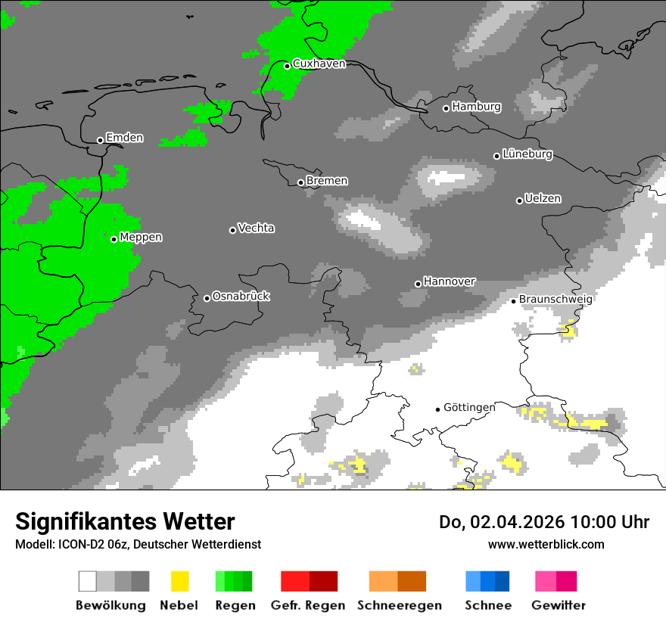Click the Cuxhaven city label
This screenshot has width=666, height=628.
[319, 64]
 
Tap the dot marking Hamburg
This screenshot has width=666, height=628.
[446, 108]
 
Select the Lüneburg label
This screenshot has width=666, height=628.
[528, 154]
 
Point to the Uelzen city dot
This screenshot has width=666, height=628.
[519, 201]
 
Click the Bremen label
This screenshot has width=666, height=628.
[327, 181]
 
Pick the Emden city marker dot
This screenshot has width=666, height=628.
[100, 140]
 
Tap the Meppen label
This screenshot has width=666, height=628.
[141, 238]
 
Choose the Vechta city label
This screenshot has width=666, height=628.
[256, 228]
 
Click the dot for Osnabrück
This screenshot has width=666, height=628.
[207, 298]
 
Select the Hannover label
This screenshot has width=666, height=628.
[449, 281]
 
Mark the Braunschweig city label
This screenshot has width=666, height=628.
[556, 299]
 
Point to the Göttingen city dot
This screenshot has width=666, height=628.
[437, 409]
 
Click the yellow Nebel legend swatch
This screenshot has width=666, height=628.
[179, 581]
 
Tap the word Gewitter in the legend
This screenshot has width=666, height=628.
[558, 605]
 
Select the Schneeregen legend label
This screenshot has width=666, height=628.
[399, 605]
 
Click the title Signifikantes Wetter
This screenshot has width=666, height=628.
[125, 522]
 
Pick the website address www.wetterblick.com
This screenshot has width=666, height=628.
[546, 544]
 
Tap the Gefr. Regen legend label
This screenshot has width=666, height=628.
[308, 605]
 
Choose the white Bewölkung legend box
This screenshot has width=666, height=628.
[88, 581]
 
